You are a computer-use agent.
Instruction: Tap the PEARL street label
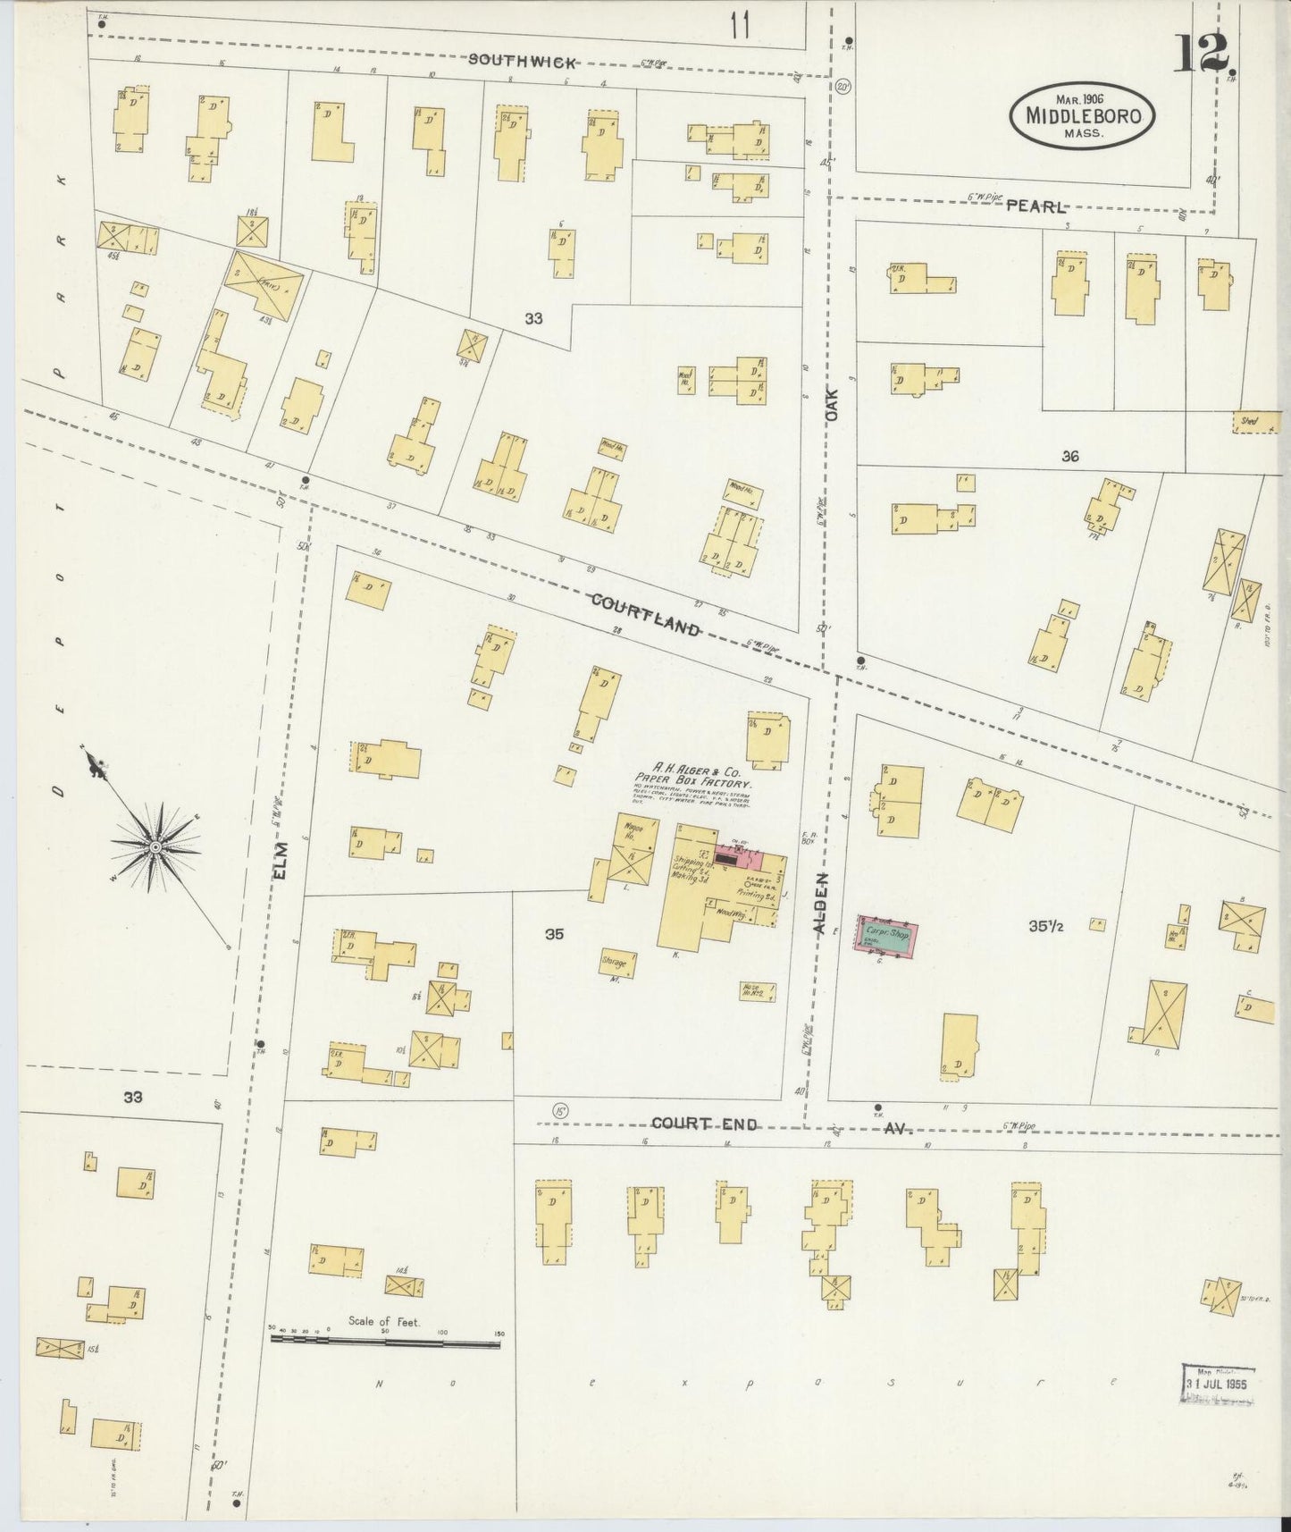(1035, 206)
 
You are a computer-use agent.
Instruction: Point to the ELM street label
(281, 862)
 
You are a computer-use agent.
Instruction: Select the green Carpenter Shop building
(885, 935)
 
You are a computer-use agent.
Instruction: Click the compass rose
(155, 845)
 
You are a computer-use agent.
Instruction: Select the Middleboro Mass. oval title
(1082, 116)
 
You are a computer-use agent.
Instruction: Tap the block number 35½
(1045, 927)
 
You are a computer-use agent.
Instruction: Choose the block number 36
(1070, 456)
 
